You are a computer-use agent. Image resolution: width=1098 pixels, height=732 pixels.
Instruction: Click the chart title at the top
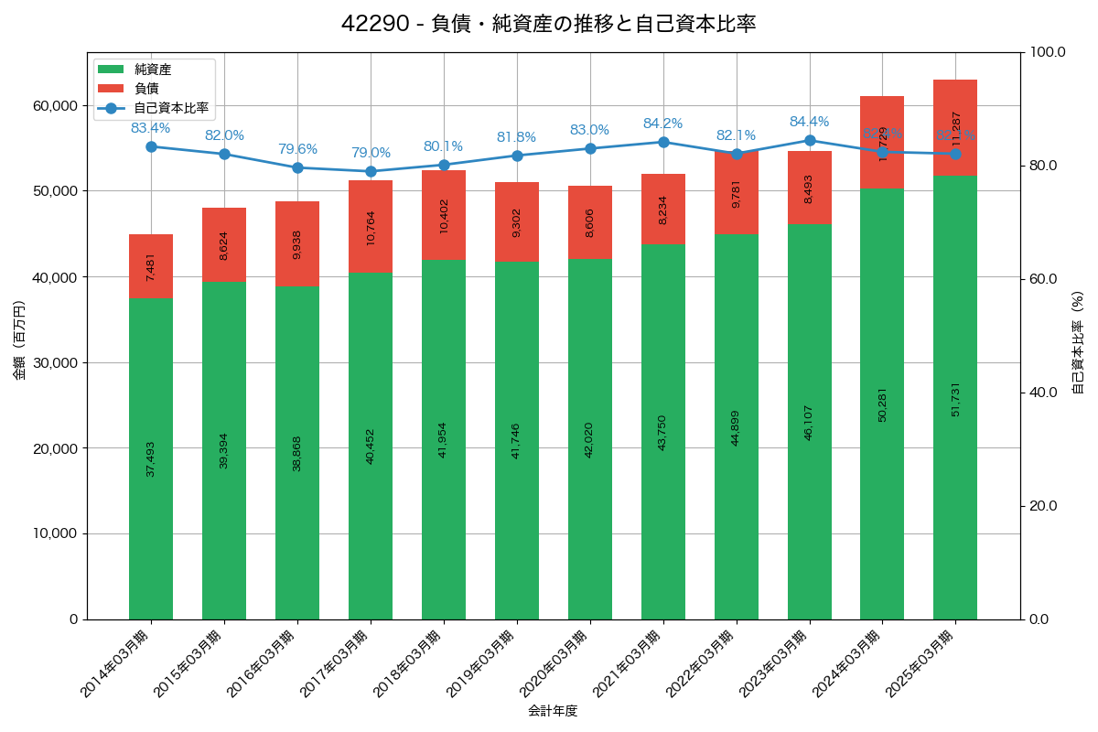pyautogui.click(x=548, y=24)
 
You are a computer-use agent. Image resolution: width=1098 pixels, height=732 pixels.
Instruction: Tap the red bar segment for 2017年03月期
pyautogui.click(x=371, y=226)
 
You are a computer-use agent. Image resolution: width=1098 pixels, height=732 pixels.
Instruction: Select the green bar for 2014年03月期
pyautogui.click(x=151, y=457)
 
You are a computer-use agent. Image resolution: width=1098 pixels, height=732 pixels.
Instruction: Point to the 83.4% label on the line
pyautogui.click(x=151, y=128)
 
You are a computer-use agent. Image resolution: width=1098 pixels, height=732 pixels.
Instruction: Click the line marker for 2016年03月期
pyautogui.click(x=297, y=167)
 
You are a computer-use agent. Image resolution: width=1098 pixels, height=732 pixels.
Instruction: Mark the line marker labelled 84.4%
pyautogui.click(x=810, y=140)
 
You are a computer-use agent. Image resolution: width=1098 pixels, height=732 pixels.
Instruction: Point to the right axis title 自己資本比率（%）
pyautogui.click(x=1078, y=342)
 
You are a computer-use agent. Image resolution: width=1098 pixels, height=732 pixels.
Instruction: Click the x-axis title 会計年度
pyautogui.click(x=553, y=711)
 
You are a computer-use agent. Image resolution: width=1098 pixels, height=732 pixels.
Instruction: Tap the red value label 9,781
pyautogui.click(x=737, y=192)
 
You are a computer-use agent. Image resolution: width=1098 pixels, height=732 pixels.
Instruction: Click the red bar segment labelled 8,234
pyautogui.click(x=663, y=210)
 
